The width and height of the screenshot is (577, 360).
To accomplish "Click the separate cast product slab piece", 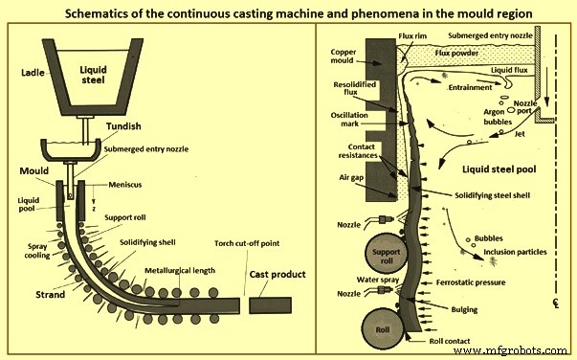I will click(277, 305).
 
